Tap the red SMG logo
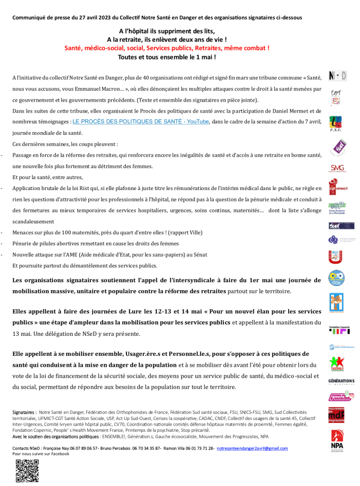point(337,168)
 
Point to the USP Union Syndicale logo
point(337,208)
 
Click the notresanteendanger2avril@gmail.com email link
point(252,448)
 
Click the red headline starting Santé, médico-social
point(167,48)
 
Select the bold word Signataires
point(24,412)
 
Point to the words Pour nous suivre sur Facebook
point(41,454)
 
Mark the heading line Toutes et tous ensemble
point(167,57)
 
